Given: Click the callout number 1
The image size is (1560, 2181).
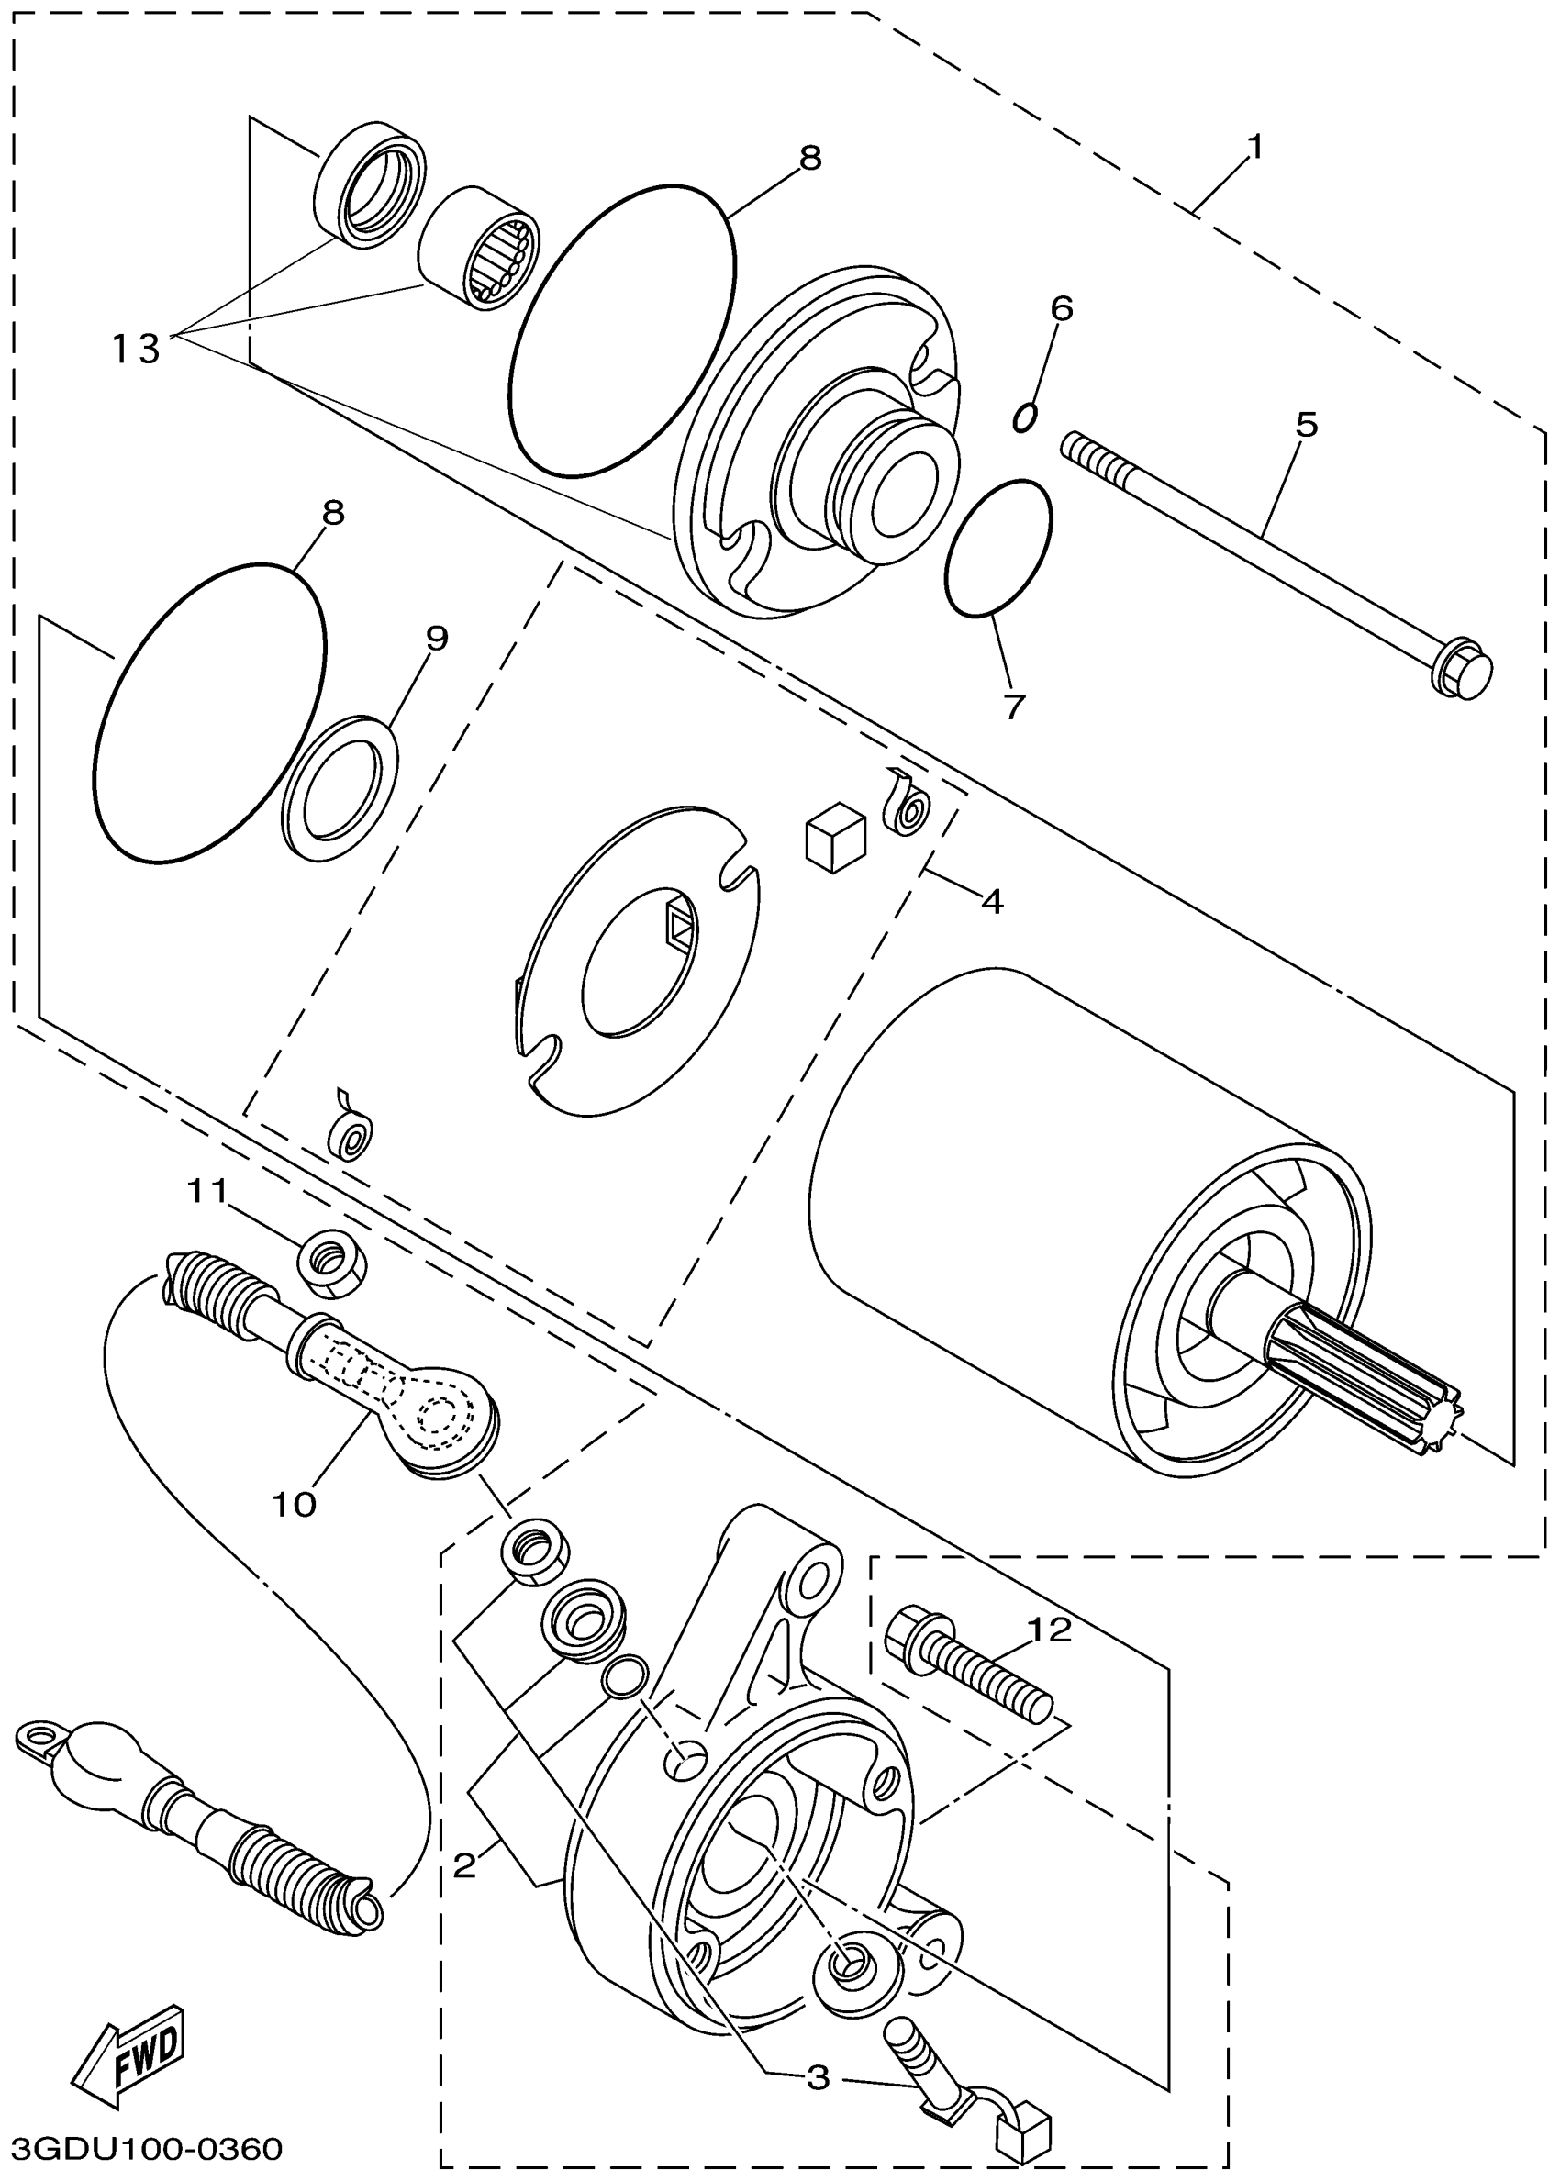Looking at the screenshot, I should [x=1254, y=148].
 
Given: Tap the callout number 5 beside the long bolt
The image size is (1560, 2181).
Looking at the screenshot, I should [x=1306, y=425].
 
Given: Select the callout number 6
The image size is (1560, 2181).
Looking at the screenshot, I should [x=1061, y=309].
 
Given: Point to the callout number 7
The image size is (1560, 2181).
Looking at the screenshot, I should [x=1014, y=707].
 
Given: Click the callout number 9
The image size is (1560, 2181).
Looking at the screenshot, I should [x=436, y=638].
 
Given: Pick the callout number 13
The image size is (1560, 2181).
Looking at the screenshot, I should [x=135, y=349].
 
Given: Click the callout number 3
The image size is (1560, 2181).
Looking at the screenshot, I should [x=818, y=2078].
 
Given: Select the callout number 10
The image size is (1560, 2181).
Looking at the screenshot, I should [x=293, y=1504].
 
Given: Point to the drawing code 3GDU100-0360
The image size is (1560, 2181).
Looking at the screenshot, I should [x=147, y=2147].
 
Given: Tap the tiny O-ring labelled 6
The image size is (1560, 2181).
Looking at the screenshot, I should [x=1026, y=417].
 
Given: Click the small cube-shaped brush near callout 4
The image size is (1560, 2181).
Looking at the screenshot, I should [x=834, y=837].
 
